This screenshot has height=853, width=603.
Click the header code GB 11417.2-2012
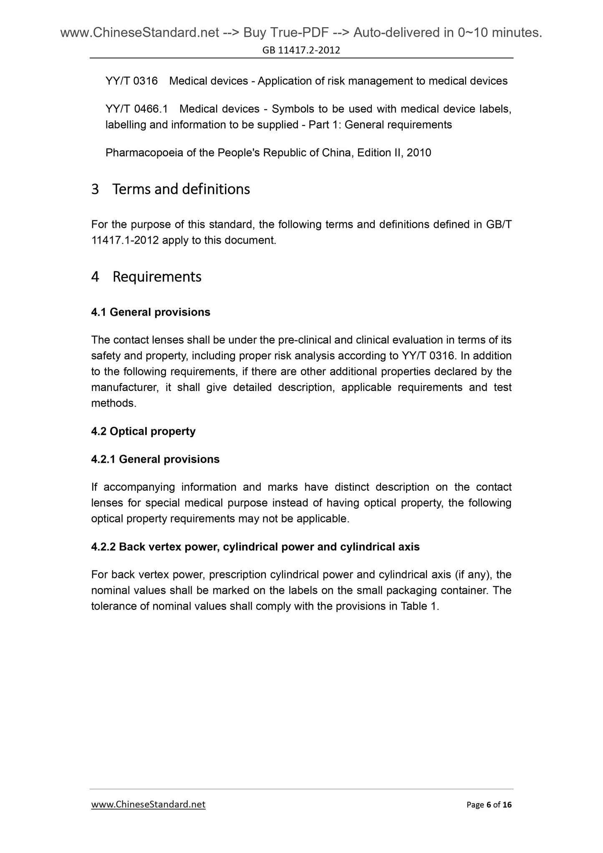pos(301,50)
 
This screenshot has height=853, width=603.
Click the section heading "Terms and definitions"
pos(181,189)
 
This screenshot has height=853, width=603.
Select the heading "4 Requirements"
pos(146,277)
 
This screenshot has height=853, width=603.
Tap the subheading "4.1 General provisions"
pos(151,312)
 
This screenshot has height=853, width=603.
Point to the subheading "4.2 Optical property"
pos(143,431)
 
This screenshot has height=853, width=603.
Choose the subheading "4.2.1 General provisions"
pos(155,459)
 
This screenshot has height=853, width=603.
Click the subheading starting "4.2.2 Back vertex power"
pos(255,547)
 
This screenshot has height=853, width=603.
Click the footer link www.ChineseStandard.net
pos(148,804)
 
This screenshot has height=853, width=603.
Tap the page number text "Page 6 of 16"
pos(489,805)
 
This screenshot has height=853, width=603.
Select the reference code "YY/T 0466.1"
pos(136,109)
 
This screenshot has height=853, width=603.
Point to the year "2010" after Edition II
pos(419,153)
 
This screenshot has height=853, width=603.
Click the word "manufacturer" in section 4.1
pos(124,388)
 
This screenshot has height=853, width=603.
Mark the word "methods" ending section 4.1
pos(113,404)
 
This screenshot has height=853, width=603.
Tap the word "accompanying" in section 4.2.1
pos(139,487)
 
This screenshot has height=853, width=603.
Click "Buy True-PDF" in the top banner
pos(283,33)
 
